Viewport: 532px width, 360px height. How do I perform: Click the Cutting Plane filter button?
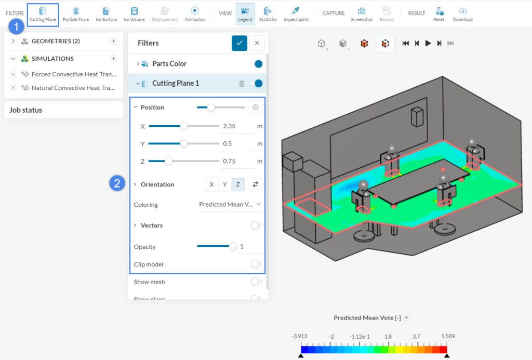pyautogui.click(x=43, y=14)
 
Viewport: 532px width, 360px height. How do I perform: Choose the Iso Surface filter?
pyautogui.click(x=106, y=14)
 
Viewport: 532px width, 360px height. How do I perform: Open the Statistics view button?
pyautogui.click(x=268, y=14)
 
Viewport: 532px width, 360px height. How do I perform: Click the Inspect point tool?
pyautogui.click(x=296, y=14)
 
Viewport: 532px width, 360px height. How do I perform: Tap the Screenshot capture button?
pyautogui.click(x=361, y=14)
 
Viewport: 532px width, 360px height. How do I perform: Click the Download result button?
pyautogui.click(x=462, y=14)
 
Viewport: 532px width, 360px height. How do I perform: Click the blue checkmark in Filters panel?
pyautogui.click(x=240, y=43)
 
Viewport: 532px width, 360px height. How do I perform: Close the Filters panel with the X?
pyautogui.click(x=257, y=43)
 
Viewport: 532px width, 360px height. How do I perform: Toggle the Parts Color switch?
pyautogui.click(x=256, y=64)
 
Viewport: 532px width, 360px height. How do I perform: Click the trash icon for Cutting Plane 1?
pyautogui.click(x=242, y=84)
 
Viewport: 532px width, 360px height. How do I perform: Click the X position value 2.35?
pyautogui.click(x=237, y=126)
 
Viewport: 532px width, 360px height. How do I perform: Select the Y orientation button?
pyautogui.click(x=224, y=184)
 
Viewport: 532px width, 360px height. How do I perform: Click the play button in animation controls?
pyautogui.click(x=428, y=44)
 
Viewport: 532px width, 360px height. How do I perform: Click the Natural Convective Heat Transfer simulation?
pyautogui.click(x=73, y=88)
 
